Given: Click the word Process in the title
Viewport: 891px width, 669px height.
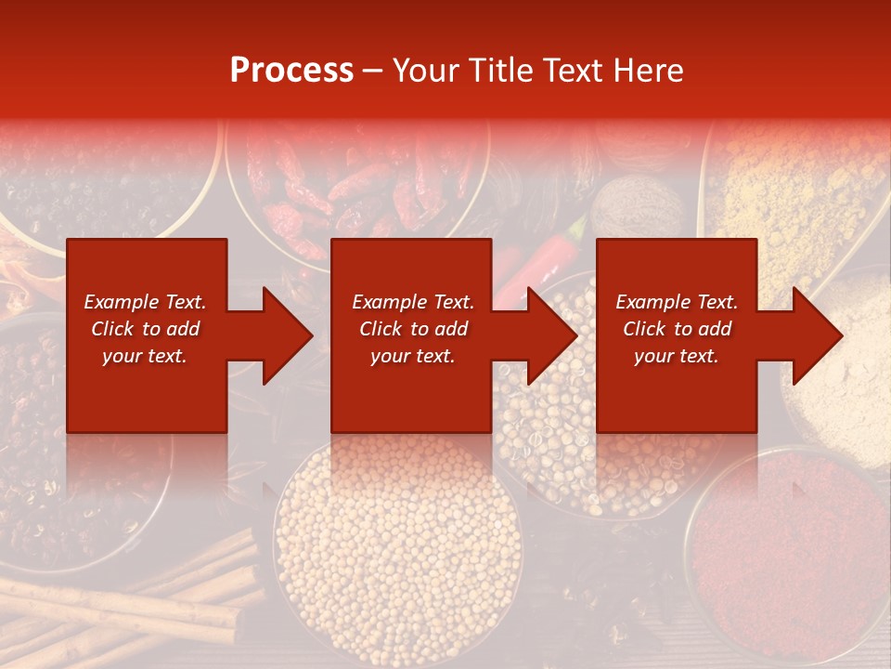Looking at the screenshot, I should tap(291, 71).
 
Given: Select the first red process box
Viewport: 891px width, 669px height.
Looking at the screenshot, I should tap(147, 279).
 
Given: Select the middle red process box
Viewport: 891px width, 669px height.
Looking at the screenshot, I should tap(411, 279).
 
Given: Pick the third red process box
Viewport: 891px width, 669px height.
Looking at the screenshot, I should tap(676, 279).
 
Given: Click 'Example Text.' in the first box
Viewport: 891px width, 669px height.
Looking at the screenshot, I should tap(145, 302).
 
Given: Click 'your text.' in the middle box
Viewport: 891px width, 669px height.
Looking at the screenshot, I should tap(412, 357).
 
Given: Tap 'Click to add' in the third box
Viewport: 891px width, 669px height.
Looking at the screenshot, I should tap(677, 329).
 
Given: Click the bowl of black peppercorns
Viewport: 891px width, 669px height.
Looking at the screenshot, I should tap(102, 186).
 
